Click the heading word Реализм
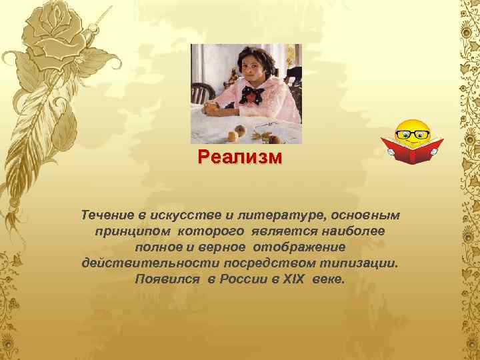click(240, 159)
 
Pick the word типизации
click(361, 263)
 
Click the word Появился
click(167, 279)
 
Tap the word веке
click(329, 279)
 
